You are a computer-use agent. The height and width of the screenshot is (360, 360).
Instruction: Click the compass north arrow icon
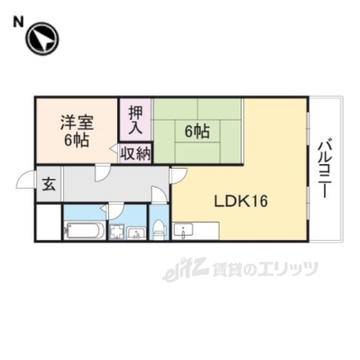pos(42,39)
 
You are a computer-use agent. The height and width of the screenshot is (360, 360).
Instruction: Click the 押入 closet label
pos(136,120)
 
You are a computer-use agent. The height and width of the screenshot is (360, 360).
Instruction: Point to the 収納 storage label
pos(136,154)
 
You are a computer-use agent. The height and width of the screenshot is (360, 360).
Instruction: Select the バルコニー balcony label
pos(325,168)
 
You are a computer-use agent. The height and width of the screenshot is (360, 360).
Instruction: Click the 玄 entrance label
pos(48,184)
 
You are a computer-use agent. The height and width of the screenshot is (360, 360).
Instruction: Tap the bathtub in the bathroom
pos(82,230)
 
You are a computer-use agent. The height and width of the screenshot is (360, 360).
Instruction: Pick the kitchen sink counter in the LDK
pos(196,230)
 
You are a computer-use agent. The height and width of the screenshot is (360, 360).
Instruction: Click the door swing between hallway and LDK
pos(179,175)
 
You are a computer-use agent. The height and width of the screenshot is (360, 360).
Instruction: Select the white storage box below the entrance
pos(48,222)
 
